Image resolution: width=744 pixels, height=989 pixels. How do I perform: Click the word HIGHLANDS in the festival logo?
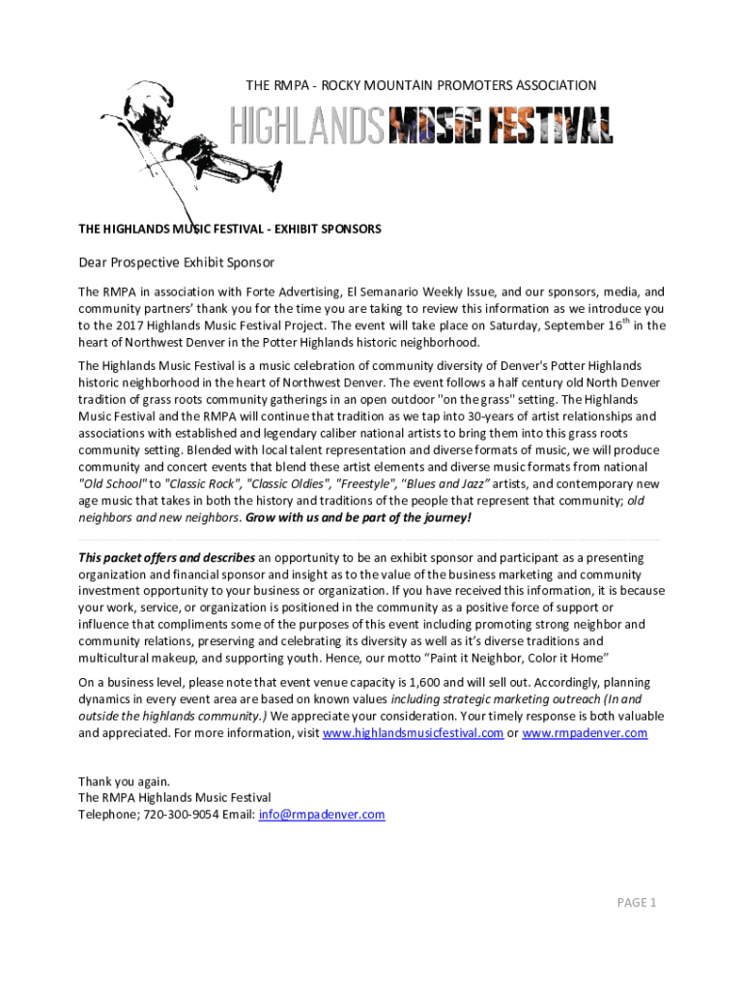point(306,128)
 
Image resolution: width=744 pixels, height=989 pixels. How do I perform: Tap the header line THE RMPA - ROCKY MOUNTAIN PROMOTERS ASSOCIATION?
point(421,86)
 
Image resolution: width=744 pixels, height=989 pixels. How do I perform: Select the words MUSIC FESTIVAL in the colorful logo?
point(501,128)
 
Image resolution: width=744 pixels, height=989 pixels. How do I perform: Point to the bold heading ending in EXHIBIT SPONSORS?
point(230,229)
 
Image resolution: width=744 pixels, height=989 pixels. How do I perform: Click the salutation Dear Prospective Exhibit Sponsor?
point(177,262)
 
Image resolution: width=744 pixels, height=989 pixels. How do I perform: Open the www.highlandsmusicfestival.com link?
point(413,733)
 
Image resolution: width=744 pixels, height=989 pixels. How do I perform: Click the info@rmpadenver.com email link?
point(322,814)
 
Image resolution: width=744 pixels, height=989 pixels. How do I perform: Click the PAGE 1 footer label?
point(637,902)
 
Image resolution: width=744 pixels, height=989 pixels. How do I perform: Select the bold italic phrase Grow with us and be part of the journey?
point(358,517)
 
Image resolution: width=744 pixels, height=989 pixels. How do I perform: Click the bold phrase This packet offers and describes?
point(166,557)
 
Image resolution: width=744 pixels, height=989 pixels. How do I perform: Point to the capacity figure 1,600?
point(478,681)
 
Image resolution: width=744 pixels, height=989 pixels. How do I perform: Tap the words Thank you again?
point(124,780)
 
